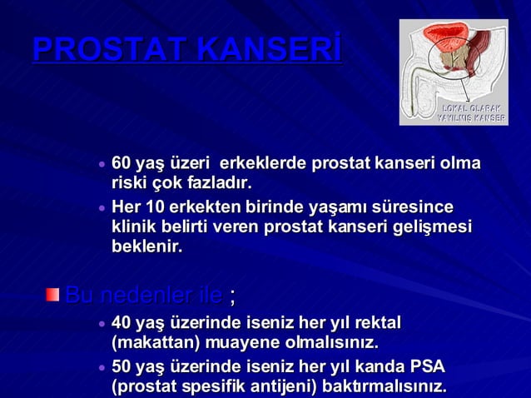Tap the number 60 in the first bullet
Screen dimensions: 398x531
tap(122, 162)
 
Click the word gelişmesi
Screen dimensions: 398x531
tap(433, 227)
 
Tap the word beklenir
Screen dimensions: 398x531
tap(146, 247)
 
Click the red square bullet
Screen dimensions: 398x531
tap(52, 294)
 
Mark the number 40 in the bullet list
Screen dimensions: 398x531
tap(122, 322)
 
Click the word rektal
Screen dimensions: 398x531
tap(378, 322)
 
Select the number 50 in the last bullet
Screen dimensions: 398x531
tap(122, 366)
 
